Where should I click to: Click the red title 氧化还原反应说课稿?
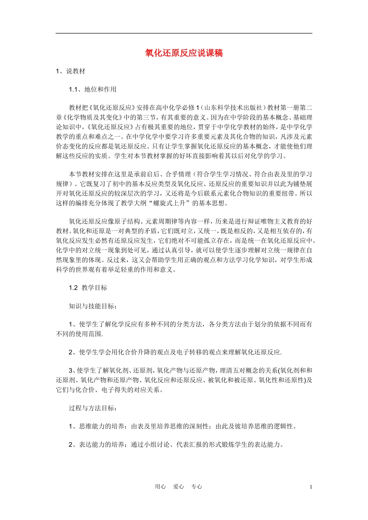tap(184, 53)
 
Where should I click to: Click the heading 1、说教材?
tap(71, 71)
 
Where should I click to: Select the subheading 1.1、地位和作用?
tap(93, 89)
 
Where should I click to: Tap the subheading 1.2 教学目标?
tap(88, 288)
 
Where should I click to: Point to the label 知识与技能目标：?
tap(93, 306)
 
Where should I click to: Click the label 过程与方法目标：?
tap(93, 408)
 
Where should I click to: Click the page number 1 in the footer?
tap(311, 487)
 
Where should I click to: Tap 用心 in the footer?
tap(160, 487)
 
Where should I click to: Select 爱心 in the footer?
tap(179, 487)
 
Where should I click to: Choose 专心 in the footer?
tap(197, 487)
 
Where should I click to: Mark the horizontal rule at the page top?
tap(184, 33)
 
